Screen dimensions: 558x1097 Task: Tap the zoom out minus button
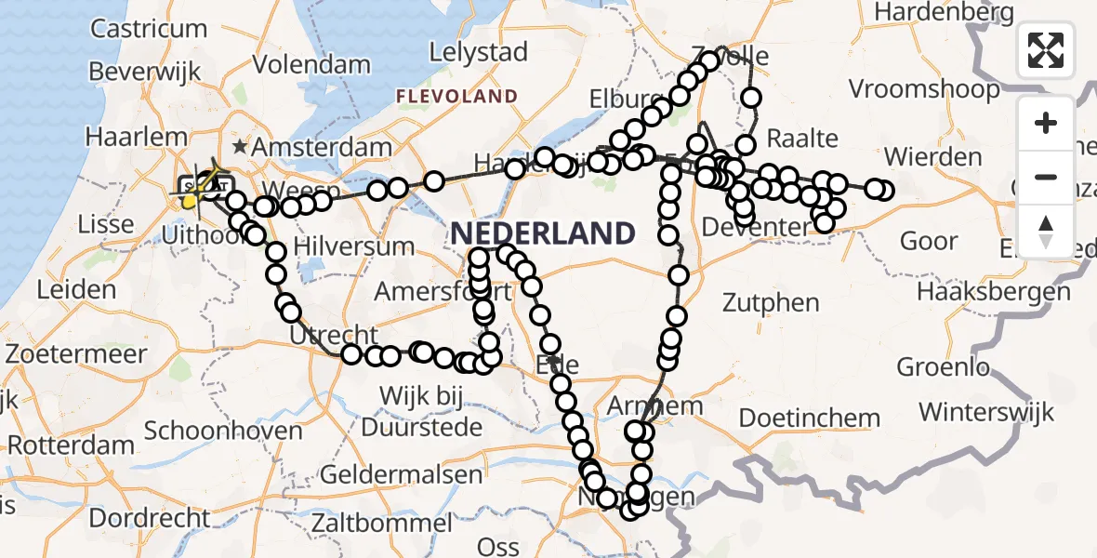point(1046,177)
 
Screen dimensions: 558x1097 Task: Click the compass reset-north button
point(1046,231)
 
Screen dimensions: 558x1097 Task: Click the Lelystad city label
point(481,52)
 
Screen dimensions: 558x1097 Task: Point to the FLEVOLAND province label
point(456,96)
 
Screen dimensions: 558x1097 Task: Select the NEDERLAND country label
point(545,232)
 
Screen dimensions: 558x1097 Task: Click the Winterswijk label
point(986,410)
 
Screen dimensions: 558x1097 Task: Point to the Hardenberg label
point(944,12)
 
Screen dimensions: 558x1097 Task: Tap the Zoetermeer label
point(76,354)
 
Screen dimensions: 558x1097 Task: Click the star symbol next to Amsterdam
point(240,146)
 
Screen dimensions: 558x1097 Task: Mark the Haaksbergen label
point(993,291)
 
